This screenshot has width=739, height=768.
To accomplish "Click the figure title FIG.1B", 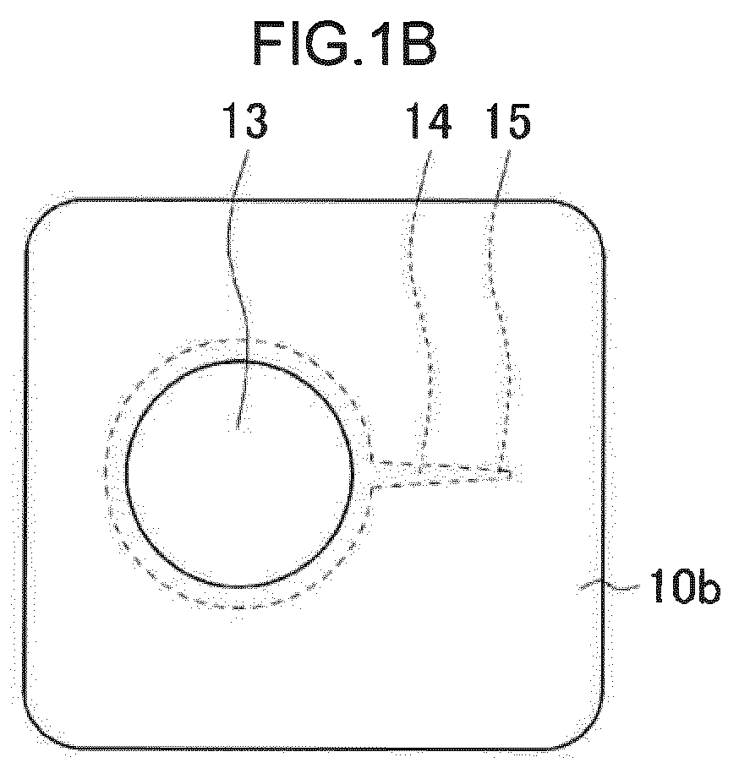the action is pyautogui.click(x=344, y=44).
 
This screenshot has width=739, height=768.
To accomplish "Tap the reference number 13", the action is pyautogui.click(x=245, y=121).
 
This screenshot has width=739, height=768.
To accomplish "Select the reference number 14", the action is pyautogui.click(x=429, y=121).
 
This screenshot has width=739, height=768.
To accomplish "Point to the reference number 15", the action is pyautogui.click(x=508, y=121).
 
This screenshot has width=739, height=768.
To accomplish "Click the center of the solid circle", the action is pyautogui.click(x=239, y=474).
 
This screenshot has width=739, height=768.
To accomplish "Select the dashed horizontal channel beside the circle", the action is pyautogui.click(x=444, y=473).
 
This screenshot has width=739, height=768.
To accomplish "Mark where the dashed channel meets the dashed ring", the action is pyautogui.click(x=372, y=474).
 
